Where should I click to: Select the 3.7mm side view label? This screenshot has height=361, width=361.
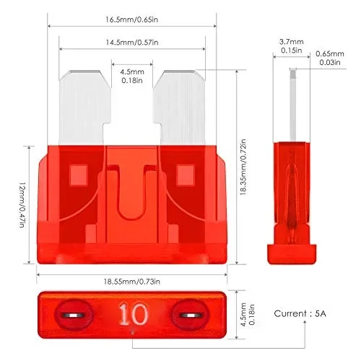coord(292,45)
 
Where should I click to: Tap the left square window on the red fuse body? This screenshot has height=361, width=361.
coord(77,173)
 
